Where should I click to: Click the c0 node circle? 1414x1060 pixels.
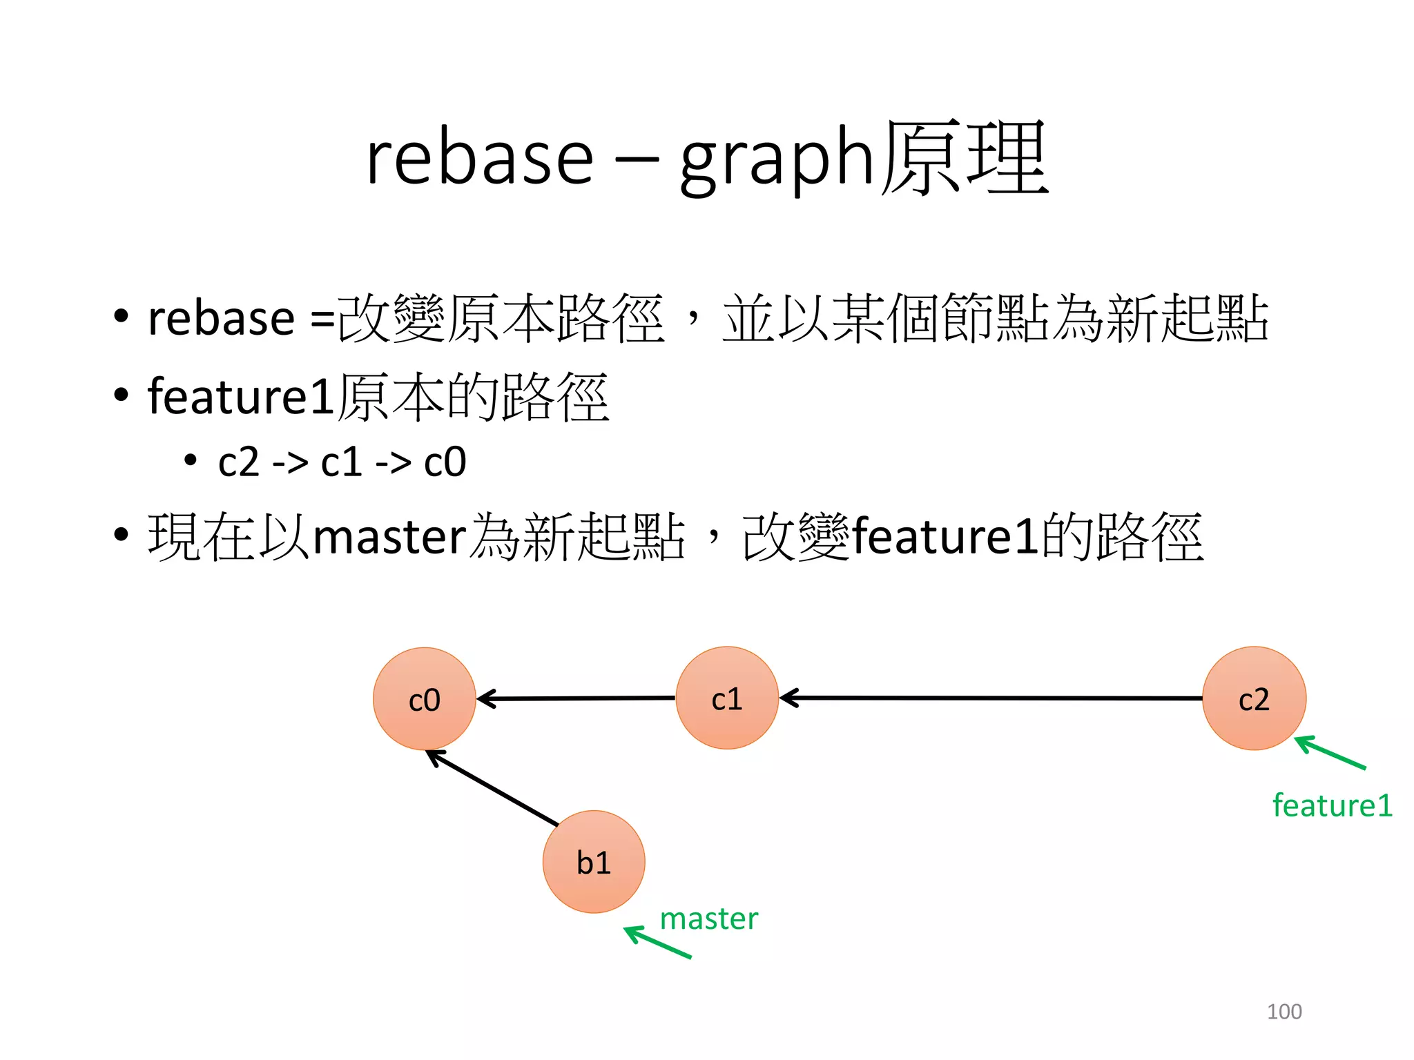(x=424, y=698)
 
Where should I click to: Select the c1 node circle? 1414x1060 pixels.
(x=727, y=698)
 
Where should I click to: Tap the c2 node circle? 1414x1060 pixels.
(x=1254, y=698)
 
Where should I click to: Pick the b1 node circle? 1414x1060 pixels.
(x=594, y=861)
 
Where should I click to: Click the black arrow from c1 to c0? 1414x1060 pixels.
(x=577, y=698)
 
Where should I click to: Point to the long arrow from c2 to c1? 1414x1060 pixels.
(x=991, y=698)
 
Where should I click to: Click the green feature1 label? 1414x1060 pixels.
(x=1332, y=805)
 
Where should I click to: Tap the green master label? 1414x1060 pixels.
(x=708, y=919)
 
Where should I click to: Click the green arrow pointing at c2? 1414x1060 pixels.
(x=1330, y=753)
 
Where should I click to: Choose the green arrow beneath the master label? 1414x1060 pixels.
(x=657, y=943)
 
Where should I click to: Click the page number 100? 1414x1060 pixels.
(x=1284, y=1011)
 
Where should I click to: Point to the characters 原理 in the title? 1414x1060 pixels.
(x=965, y=159)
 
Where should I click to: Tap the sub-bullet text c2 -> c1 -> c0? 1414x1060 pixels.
(x=342, y=462)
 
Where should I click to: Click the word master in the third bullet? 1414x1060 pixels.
(x=390, y=538)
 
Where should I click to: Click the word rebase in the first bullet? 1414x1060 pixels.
(x=222, y=319)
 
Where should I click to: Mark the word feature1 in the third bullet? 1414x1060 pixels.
(x=945, y=538)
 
